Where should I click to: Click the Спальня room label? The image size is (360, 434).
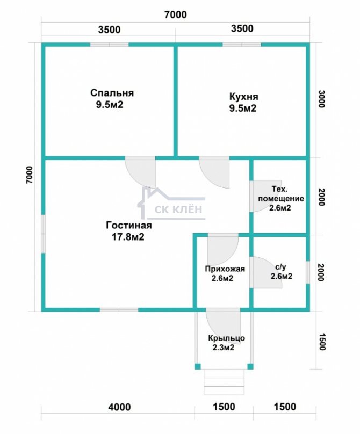[112, 93]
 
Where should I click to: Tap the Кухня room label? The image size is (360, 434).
[244, 97]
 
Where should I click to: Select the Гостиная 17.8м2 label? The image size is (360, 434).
[129, 231]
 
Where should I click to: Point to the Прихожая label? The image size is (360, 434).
[225, 269]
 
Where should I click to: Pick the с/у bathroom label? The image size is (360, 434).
[281, 267]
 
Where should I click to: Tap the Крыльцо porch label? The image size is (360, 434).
[226, 338]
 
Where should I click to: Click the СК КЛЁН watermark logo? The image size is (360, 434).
[172, 203]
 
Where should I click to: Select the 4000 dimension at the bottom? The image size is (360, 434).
[119, 407]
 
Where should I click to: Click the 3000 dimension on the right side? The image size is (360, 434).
[321, 99]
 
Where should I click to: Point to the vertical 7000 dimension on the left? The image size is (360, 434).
[30, 175]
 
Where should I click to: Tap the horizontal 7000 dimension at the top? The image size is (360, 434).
[176, 15]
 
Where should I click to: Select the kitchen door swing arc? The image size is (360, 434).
[214, 172]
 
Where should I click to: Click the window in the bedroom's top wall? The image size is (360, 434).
[110, 45]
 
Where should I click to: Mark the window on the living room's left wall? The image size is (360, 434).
[43, 234]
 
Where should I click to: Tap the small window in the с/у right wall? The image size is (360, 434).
[308, 272]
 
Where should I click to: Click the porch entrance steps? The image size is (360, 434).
[224, 382]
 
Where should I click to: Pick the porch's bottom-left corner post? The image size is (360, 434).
[197, 366]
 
